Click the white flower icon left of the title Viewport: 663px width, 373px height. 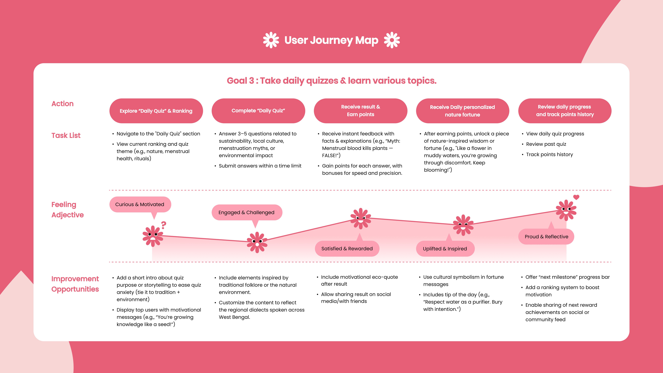271,40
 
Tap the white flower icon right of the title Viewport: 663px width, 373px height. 392,40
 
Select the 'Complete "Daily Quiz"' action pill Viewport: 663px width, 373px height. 258,111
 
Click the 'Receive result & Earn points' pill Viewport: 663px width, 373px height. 360,111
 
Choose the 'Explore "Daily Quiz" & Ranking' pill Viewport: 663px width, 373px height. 156,111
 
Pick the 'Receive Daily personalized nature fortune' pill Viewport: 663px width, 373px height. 462,111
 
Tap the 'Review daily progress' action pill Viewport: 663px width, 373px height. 565,111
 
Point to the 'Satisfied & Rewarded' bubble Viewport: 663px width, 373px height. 347,248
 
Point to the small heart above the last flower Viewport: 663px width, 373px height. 576,197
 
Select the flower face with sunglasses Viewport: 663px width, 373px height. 361,219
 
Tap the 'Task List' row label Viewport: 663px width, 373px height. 66,135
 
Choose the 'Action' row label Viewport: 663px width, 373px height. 63,103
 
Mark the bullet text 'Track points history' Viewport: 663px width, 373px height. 550,154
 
